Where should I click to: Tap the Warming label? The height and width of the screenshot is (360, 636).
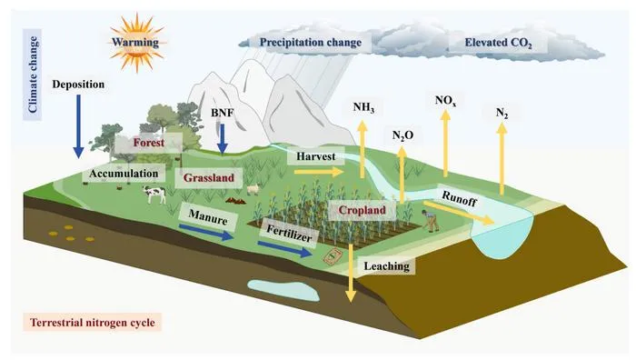click(x=135, y=41)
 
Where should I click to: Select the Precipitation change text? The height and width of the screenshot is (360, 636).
click(x=311, y=42)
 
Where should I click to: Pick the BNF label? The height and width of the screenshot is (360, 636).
click(x=222, y=113)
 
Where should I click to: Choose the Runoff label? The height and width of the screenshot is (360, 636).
click(x=459, y=195)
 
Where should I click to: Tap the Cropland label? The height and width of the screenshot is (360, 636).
click(x=363, y=210)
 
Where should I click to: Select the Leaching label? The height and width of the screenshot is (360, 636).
click(x=387, y=267)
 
